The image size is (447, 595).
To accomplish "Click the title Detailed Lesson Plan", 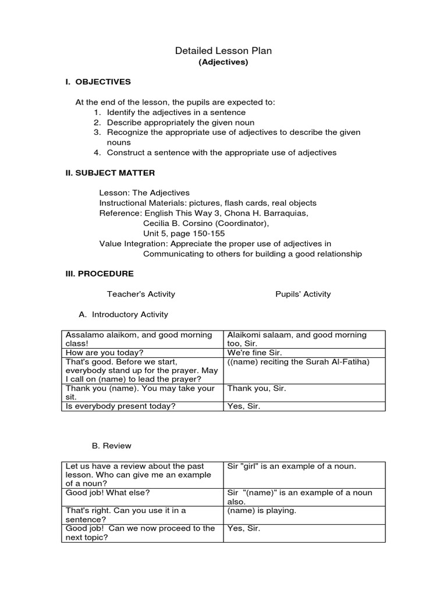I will [x=223, y=51].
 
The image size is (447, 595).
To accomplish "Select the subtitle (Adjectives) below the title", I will [x=223, y=62].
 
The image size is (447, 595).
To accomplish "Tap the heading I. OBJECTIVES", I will [x=98, y=82].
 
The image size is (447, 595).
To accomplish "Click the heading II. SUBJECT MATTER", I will [x=110, y=173].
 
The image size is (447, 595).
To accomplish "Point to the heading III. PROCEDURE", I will [x=99, y=273].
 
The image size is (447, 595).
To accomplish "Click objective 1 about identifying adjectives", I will [x=169, y=112].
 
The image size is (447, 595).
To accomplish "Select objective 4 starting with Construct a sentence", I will [x=214, y=153].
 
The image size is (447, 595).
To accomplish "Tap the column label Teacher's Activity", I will [x=141, y=294].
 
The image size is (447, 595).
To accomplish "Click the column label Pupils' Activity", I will [x=303, y=294].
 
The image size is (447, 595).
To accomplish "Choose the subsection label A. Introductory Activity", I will [x=123, y=314].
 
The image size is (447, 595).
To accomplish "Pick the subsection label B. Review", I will [x=111, y=446].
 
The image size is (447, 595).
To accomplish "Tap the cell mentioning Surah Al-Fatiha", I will [x=298, y=362].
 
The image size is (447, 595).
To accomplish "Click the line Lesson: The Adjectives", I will [x=144, y=193].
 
